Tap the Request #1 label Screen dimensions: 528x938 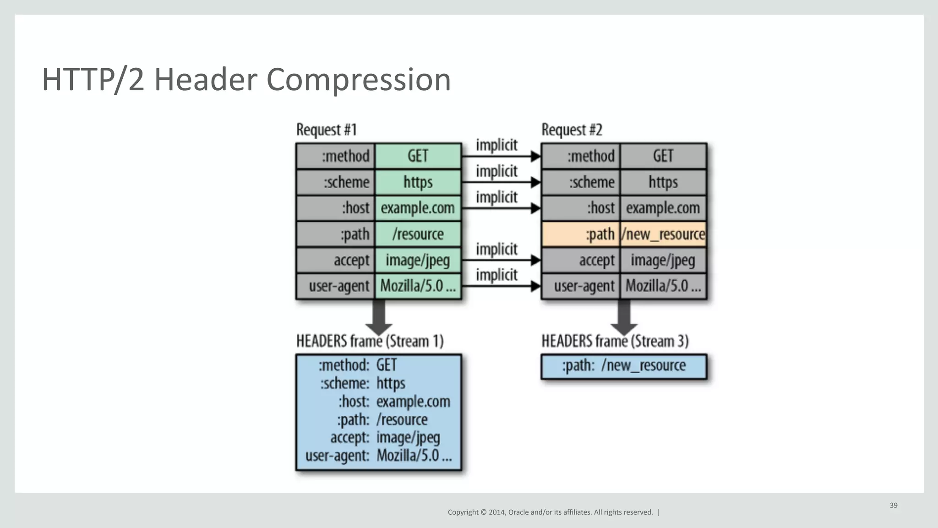[x=326, y=130]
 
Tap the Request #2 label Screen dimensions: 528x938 [x=572, y=130]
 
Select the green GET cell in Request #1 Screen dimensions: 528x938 [x=418, y=156]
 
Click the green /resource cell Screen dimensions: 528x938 [x=418, y=234]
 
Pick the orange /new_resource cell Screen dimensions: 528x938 [x=663, y=234]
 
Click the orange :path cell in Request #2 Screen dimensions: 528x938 [x=581, y=234]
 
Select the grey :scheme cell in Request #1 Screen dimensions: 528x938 [x=336, y=182]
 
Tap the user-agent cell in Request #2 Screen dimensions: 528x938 [x=581, y=286]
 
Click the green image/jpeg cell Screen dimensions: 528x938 [x=418, y=260]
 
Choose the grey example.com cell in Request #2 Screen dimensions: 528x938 [x=663, y=208]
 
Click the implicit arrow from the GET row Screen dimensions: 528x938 [x=501, y=157]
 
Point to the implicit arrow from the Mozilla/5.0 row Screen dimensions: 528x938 [x=501, y=286]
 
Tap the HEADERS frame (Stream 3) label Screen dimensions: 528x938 [x=615, y=341]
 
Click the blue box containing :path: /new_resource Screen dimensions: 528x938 [x=624, y=366]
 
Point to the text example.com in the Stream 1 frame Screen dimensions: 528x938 [x=413, y=402]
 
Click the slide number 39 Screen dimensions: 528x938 [x=894, y=505]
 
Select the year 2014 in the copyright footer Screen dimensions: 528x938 [x=496, y=512]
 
